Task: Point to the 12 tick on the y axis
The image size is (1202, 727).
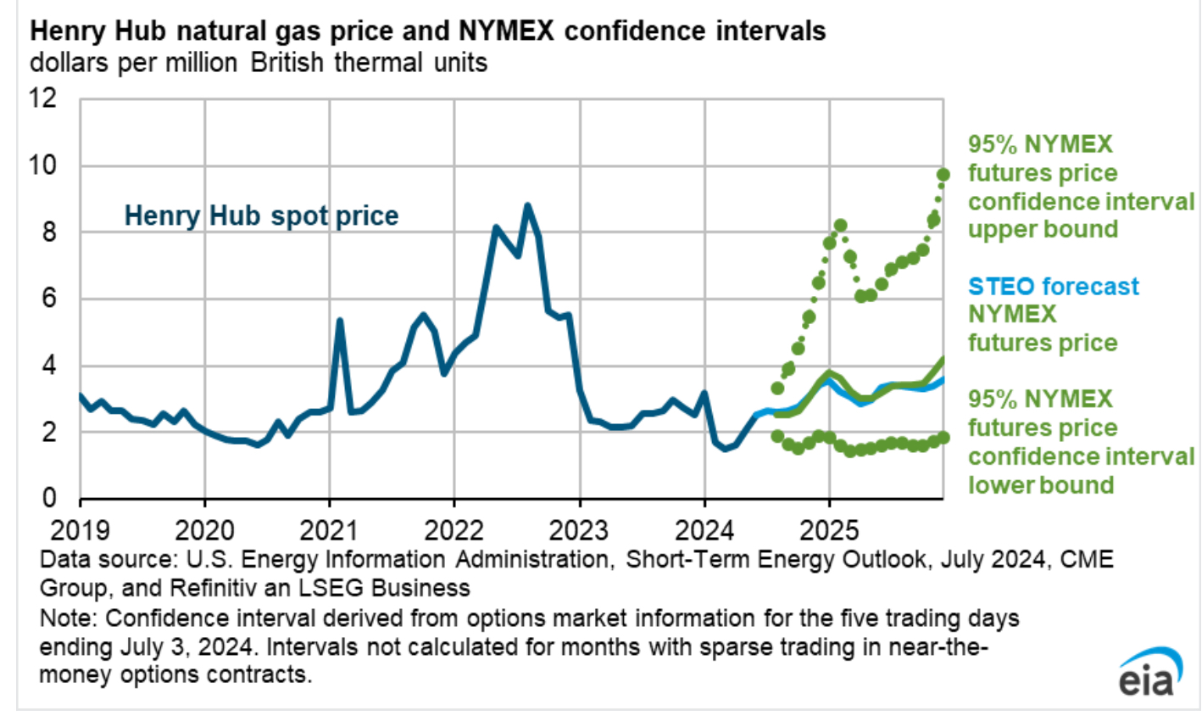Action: click(x=43, y=98)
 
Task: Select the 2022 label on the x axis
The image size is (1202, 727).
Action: click(x=454, y=530)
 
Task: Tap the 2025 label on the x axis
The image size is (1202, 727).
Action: click(x=829, y=530)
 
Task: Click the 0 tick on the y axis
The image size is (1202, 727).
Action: click(x=50, y=498)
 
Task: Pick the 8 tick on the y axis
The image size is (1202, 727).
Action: click(x=50, y=232)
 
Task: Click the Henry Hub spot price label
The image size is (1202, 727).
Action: click(x=261, y=215)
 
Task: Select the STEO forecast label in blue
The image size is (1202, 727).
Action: click(x=1054, y=286)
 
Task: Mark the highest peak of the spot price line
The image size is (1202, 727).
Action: click(x=527, y=205)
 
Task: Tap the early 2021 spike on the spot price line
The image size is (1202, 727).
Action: click(x=340, y=321)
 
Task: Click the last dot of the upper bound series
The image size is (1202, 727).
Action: click(x=943, y=175)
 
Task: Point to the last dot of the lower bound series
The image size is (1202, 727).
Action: click(x=943, y=437)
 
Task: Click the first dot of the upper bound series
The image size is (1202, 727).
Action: click(x=777, y=388)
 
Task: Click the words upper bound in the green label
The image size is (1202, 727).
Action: click(x=1043, y=230)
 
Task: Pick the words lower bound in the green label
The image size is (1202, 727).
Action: click(x=1041, y=485)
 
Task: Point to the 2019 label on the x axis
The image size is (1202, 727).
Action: click(x=80, y=530)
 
